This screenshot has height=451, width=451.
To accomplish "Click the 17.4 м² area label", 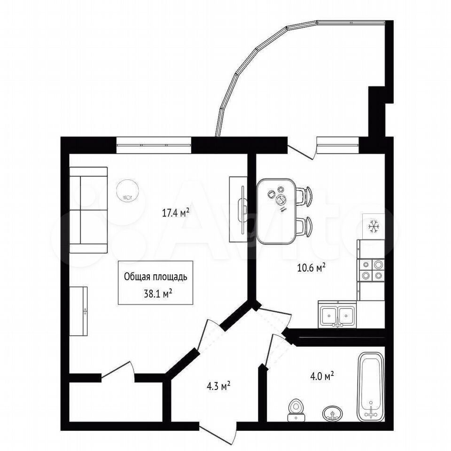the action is pos(175,213).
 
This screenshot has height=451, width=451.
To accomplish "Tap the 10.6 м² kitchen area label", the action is pos(311,268).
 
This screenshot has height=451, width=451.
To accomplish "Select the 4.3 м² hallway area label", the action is pos(218,386).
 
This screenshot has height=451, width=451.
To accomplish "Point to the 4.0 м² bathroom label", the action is pos(322,376).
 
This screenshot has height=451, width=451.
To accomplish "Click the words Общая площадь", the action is pos(156,277).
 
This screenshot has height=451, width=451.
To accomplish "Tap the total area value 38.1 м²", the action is pos(156,294).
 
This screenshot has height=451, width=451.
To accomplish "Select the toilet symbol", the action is pos(295,410).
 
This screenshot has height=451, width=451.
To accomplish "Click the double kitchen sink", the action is pos(337,315).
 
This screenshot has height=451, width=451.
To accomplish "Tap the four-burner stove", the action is pos(371,270).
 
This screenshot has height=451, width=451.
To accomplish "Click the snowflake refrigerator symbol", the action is pos(373,226).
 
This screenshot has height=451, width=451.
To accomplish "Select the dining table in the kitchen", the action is pos(276,211).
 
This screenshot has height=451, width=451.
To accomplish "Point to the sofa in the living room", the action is pos(89,210).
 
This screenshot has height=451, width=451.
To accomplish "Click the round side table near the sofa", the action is pos(128,191).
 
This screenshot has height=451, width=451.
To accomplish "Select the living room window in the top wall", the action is pos(154,145).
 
